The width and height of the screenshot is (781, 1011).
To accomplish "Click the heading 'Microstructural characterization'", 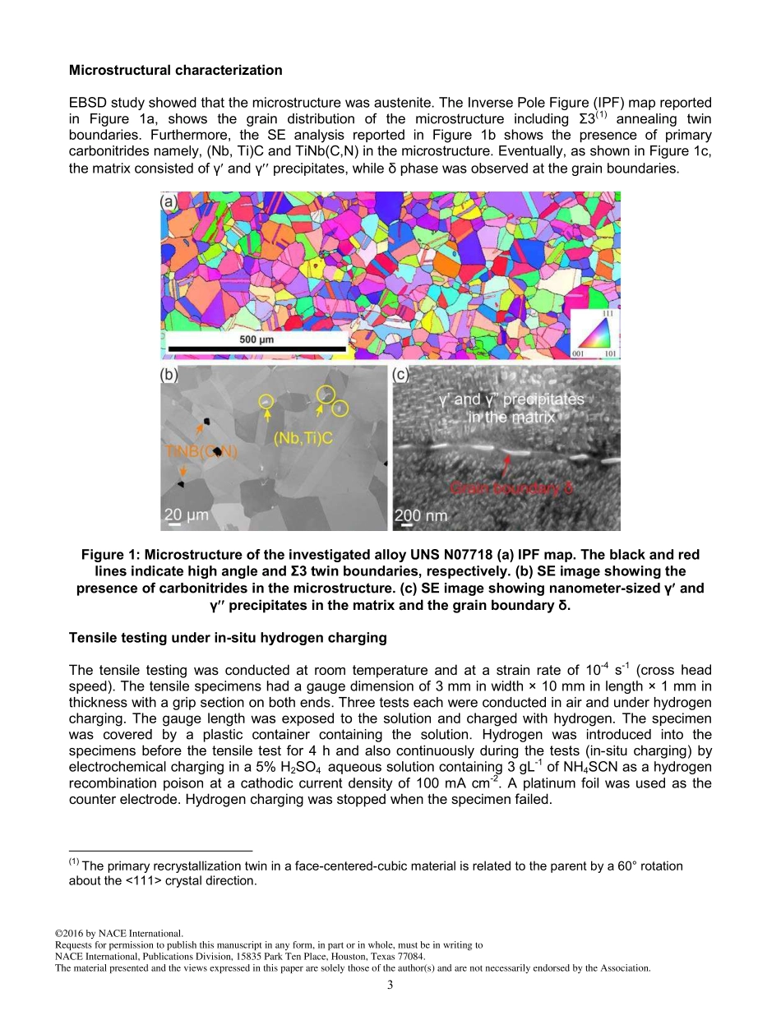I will click(175, 71).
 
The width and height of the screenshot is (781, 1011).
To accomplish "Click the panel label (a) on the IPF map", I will click(170, 202).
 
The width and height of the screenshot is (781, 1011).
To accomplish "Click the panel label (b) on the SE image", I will click(171, 376).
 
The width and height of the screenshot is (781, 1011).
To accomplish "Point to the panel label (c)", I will click(403, 376).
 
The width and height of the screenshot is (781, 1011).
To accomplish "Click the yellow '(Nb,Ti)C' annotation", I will click(303, 439).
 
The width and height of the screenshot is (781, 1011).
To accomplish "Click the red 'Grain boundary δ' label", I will click(511, 488).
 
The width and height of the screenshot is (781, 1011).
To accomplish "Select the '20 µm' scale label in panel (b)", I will click(187, 515).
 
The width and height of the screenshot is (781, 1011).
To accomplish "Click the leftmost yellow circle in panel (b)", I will click(266, 402).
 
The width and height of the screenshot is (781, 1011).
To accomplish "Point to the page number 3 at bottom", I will click(390, 986).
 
